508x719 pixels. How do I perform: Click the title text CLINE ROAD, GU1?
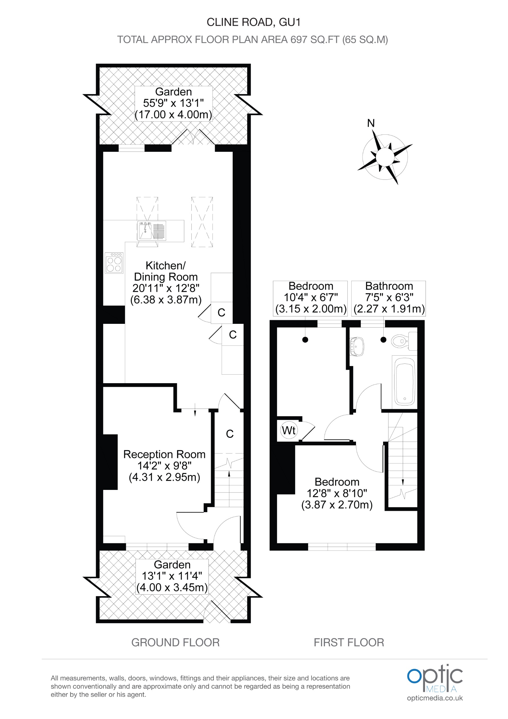pyautogui.click(x=254, y=22)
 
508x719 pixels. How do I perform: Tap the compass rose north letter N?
pyautogui.click(x=371, y=123)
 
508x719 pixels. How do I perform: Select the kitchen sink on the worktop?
pyautogui.click(x=151, y=231)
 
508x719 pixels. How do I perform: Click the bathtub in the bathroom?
pyautogui.click(x=405, y=381)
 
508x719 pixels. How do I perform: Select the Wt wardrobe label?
pyautogui.click(x=289, y=430)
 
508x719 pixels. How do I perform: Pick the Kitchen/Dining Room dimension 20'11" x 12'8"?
pyautogui.click(x=166, y=288)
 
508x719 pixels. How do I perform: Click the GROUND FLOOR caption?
pyautogui.click(x=175, y=643)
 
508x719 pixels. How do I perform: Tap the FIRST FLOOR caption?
pyautogui.click(x=349, y=643)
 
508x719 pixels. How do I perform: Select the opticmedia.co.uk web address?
pyautogui.click(x=435, y=698)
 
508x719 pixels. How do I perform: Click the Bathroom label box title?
pyautogui.click(x=389, y=286)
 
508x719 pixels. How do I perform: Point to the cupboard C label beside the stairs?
pyautogui.click(x=230, y=434)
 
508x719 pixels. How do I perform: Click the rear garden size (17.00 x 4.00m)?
pyautogui.click(x=173, y=115)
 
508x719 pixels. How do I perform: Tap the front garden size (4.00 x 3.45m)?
pyautogui.click(x=172, y=587)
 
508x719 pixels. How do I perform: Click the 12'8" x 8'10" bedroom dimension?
pyautogui.click(x=337, y=494)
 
